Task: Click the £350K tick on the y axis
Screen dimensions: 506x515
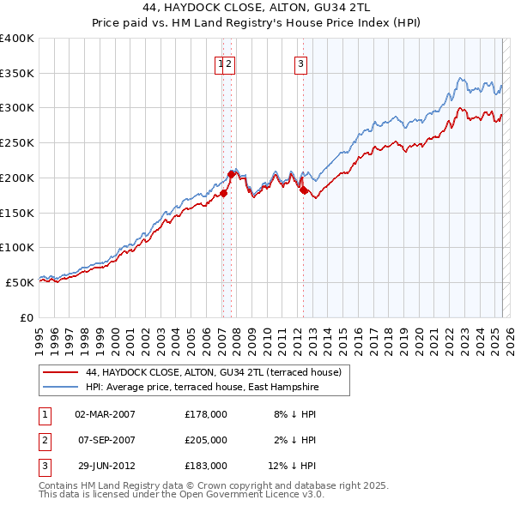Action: click(x=17, y=73)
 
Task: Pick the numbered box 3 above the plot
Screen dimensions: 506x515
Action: click(x=301, y=62)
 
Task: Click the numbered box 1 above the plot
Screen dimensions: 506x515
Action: click(x=221, y=62)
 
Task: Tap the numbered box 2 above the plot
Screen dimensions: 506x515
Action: click(x=230, y=62)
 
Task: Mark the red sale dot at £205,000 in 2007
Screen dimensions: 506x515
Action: click(x=231, y=174)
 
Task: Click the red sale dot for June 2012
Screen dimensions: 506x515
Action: click(x=303, y=190)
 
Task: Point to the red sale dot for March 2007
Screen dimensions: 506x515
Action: click(x=223, y=193)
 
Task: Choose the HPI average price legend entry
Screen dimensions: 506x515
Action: click(x=202, y=388)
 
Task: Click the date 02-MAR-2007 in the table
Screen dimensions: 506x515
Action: click(x=105, y=413)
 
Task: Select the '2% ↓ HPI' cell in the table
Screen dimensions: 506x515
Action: click(x=296, y=439)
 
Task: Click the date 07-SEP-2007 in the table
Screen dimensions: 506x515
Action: click(x=104, y=439)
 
